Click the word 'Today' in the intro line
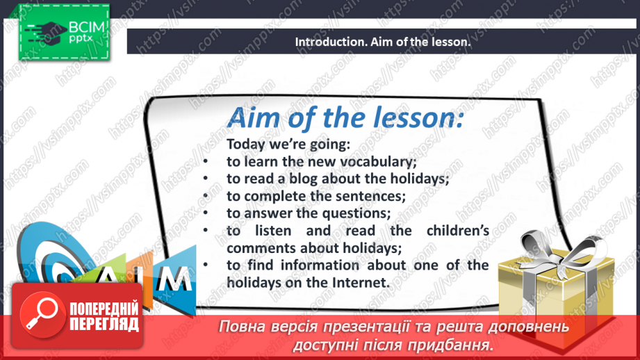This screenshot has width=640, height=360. [x=243, y=145]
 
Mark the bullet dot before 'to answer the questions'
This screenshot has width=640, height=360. [x=206, y=213]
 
